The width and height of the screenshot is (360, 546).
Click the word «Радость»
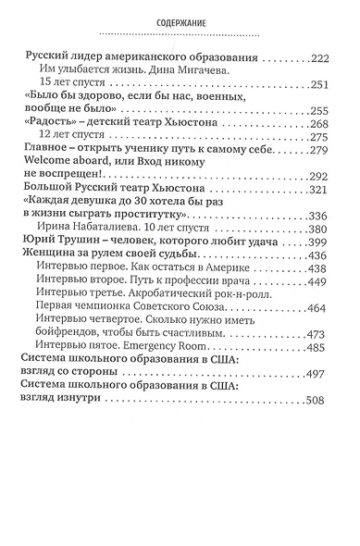pos(47,126)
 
